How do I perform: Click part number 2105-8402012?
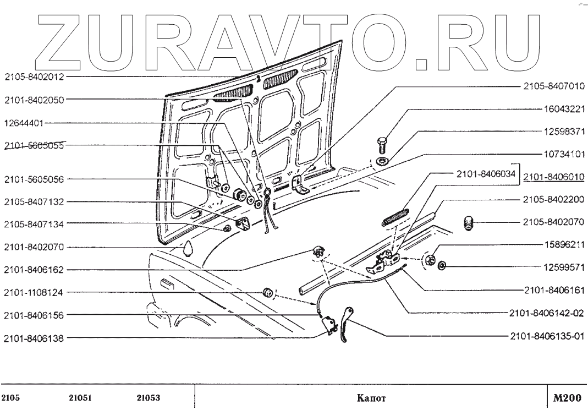click(x=34, y=77)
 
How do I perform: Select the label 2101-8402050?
click(x=34, y=100)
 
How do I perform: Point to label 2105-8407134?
click(x=34, y=224)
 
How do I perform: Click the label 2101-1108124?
click(x=34, y=292)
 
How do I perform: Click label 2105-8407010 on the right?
click(x=553, y=86)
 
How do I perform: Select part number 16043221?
click(x=561, y=110)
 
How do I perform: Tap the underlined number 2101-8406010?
click(x=553, y=177)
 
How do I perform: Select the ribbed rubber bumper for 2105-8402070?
click(x=469, y=223)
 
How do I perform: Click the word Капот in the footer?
click(x=370, y=398)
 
